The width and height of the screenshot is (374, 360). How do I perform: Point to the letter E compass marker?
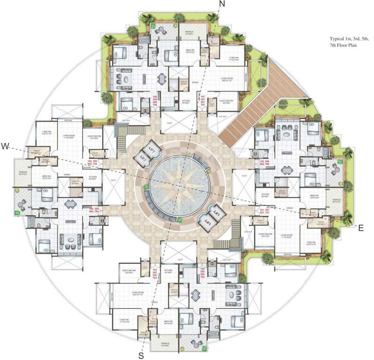(360, 228)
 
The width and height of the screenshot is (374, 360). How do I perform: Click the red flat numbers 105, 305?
(92, 163)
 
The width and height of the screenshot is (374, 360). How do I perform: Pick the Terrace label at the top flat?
(189, 33)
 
